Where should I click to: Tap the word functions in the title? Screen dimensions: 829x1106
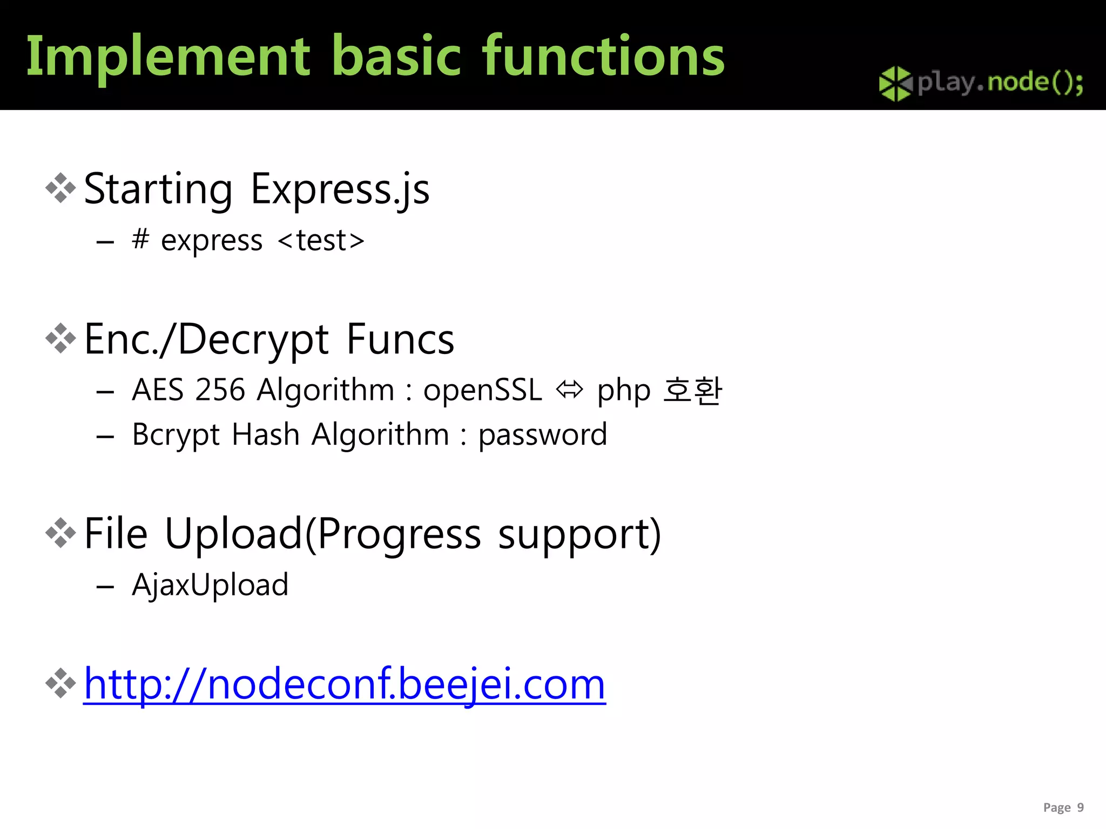(603, 56)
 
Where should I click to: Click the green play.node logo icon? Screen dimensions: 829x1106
(895, 84)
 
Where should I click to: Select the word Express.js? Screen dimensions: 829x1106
(340, 189)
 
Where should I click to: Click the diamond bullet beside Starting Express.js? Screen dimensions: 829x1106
(60, 188)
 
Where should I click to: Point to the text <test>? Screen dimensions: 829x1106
(321, 240)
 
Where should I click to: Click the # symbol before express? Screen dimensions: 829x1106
(140, 239)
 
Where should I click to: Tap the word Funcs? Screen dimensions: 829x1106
(400, 339)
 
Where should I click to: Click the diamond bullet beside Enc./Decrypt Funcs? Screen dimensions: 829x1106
(60, 338)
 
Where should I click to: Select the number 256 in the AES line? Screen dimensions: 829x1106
(220, 390)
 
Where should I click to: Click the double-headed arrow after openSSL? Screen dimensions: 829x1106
(570, 390)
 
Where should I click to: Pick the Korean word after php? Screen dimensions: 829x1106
(692, 390)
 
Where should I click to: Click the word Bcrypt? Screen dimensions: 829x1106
(176, 435)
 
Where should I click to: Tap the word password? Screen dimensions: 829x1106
(543, 435)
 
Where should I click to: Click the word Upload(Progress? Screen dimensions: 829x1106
(322, 534)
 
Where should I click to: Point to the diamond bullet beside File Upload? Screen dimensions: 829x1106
(60, 533)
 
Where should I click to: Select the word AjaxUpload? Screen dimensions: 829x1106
(210, 585)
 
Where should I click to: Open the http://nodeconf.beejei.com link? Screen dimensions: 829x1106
(345, 684)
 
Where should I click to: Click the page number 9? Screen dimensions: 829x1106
(1080, 807)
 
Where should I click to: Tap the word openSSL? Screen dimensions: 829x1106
(482, 390)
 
